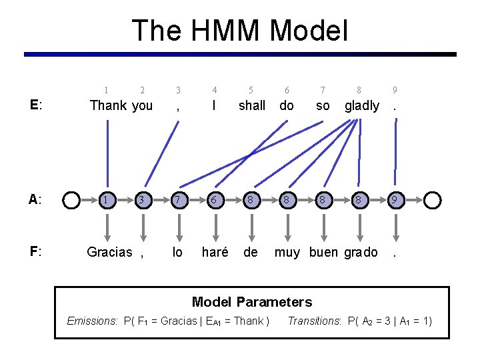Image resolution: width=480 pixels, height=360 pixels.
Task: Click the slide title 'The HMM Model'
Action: pos(240,31)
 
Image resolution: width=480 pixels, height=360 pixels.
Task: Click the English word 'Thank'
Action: pos(108,105)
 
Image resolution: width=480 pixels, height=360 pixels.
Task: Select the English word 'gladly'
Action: pos(362,105)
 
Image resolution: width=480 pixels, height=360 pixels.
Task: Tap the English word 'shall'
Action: pos(252,105)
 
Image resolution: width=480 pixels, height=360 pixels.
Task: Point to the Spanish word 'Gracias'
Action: pos(109,252)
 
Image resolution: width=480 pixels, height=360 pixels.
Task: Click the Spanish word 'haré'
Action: pos(215,252)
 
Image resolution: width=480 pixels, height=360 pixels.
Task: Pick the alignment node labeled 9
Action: pos(396,199)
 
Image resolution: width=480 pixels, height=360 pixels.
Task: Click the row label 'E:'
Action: pos(37,105)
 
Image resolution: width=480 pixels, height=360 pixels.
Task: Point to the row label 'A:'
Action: pos(37,199)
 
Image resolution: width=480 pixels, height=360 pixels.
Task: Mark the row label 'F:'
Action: pos(37,252)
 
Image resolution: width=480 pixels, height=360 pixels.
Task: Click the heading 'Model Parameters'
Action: pos(252,302)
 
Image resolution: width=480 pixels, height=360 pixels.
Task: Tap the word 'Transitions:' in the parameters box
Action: pos(314,321)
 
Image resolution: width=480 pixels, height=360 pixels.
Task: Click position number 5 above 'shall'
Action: pos(251,90)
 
